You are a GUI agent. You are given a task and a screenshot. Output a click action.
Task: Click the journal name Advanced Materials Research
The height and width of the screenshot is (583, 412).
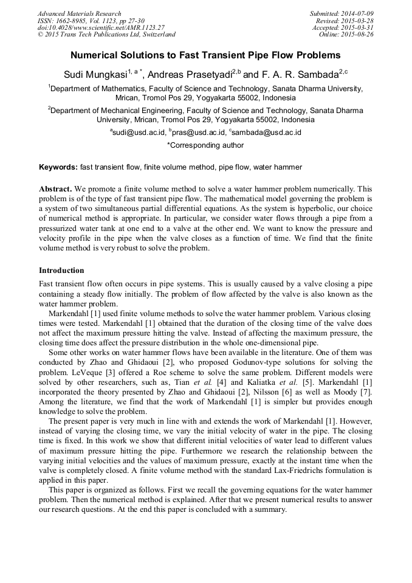coord(79,13)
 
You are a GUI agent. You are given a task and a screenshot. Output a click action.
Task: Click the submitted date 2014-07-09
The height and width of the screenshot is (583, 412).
coord(358,13)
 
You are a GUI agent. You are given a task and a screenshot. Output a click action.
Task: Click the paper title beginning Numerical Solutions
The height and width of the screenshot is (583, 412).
coord(205,55)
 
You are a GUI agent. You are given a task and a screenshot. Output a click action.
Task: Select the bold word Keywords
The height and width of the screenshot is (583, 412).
coord(58,167)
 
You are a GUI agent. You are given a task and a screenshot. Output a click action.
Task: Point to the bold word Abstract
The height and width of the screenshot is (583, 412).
coord(55,190)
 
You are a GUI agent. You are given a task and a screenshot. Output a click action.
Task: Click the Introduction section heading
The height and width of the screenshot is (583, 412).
coord(61,270)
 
